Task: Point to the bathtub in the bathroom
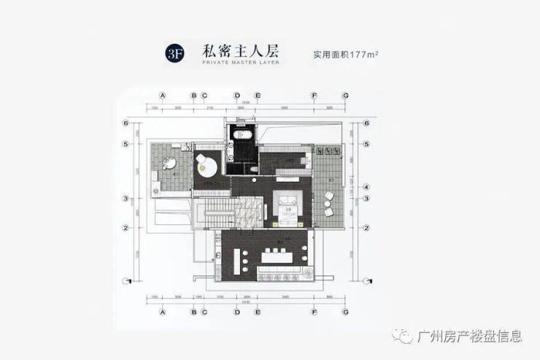coord(242,136)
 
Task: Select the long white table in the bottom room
coord(279,257)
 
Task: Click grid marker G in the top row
coord(345,96)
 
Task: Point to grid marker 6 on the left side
coord(126,123)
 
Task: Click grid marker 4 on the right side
coord(366,186)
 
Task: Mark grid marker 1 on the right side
coord(366,279)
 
